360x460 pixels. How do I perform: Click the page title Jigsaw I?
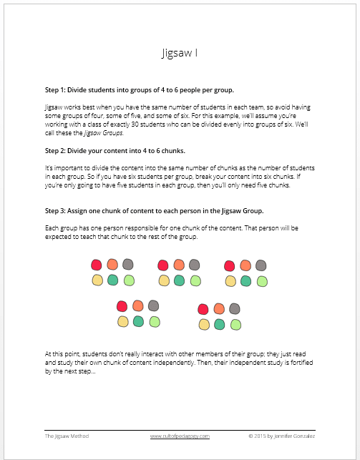[x=179, y=54]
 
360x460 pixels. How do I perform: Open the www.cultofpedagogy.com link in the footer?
[x=178, y=435]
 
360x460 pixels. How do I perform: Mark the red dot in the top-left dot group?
[x=96, y=265]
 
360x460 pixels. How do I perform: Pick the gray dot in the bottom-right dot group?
[x=235, y=308]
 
